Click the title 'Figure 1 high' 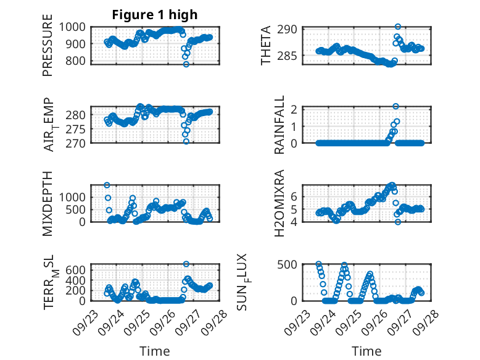click(154, 15)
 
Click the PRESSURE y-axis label click(48, 50)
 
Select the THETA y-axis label click(266, 46)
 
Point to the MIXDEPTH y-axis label click(48, 203)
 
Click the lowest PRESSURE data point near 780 click(186, 64)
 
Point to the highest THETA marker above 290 click(398, 27)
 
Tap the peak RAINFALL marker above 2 click(395, 106)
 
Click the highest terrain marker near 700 click(186, 264)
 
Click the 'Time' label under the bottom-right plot click(366, 351)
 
